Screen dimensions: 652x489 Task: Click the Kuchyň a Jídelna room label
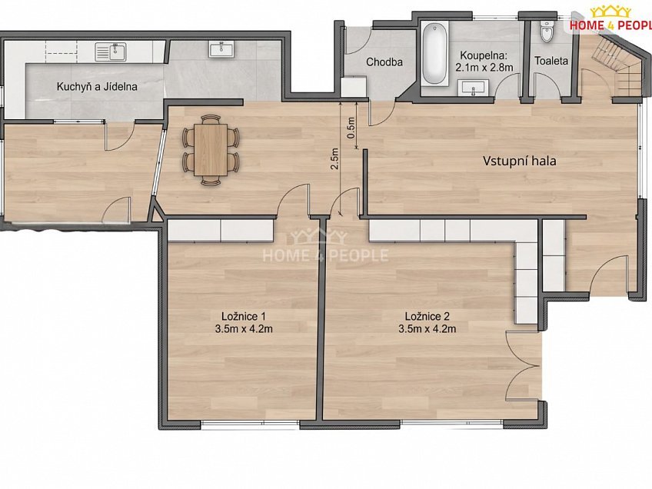click(x=97, y=87)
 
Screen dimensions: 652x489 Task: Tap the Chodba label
click(x=384, y=62)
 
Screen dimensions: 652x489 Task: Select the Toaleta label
click(x=551, y=61)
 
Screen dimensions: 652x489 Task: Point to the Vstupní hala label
click(x=519, y=161)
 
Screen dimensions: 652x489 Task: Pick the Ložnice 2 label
click(x=427, y=317)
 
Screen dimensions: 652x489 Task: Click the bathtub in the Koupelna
click(x=434, y=54)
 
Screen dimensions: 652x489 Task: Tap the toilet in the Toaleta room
click(x=547, y=30)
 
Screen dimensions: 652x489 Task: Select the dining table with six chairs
click(x=211, y=150)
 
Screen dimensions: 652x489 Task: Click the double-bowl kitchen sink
click(x=110, y=52)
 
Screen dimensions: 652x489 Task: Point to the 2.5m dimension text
click(x=334, y=159)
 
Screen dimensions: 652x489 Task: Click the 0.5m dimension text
click(x=351, y=128)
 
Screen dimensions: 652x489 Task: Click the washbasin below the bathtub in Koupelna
click(x=472, y=88)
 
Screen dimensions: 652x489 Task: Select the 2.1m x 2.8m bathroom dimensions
click(x=484, y=68)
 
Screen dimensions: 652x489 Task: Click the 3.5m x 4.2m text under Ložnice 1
click(x=244, y=329)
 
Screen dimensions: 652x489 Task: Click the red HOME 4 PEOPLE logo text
click(x=610, y=25)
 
